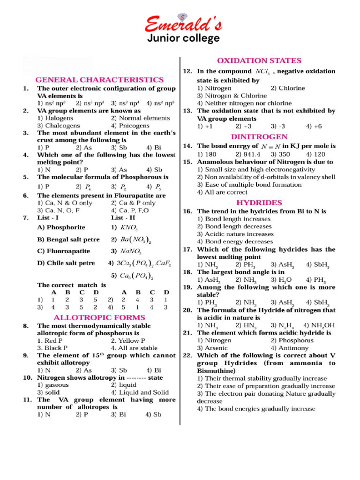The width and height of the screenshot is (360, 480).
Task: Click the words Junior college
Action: coord(183,38)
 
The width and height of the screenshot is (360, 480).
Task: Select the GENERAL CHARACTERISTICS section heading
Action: coord(100,80)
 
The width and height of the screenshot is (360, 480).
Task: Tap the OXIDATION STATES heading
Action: coord(259,60)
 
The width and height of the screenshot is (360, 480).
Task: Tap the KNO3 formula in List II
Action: coord(128,228)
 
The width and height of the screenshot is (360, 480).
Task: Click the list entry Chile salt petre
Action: coord(66,263)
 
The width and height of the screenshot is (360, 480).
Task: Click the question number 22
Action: coord(188,355)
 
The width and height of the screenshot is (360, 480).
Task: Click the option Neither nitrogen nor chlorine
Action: coord(244,103)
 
